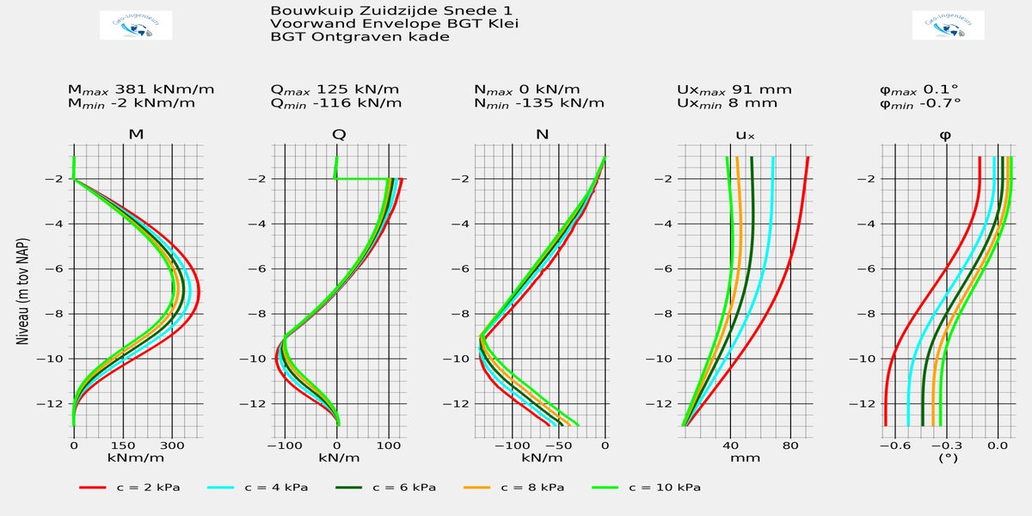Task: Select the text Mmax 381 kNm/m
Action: point(140,89)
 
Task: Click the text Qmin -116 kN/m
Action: point(336,103)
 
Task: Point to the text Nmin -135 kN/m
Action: point(539,103)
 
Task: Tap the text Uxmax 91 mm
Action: point(734,89)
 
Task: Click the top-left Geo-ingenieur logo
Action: point(136,26)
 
